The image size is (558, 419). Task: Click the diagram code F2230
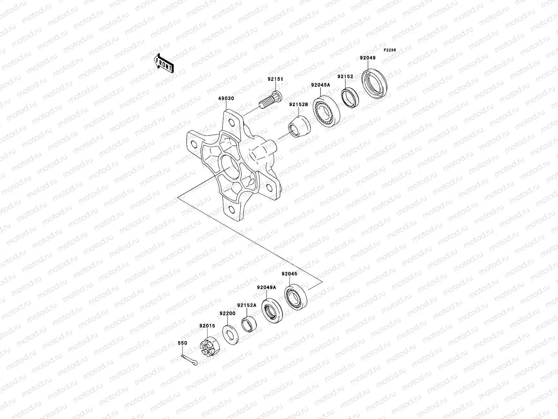click(x=390, y=50)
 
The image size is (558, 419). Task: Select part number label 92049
click(x=368, y=58)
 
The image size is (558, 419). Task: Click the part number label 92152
click(x=345, y=77)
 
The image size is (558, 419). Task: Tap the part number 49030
click(x=226, y=98)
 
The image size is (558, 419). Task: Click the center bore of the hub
click(x=228, y=166)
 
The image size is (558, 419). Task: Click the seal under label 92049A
click(x=272, y=310)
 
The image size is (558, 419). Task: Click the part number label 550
click(x=182, y=343)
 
